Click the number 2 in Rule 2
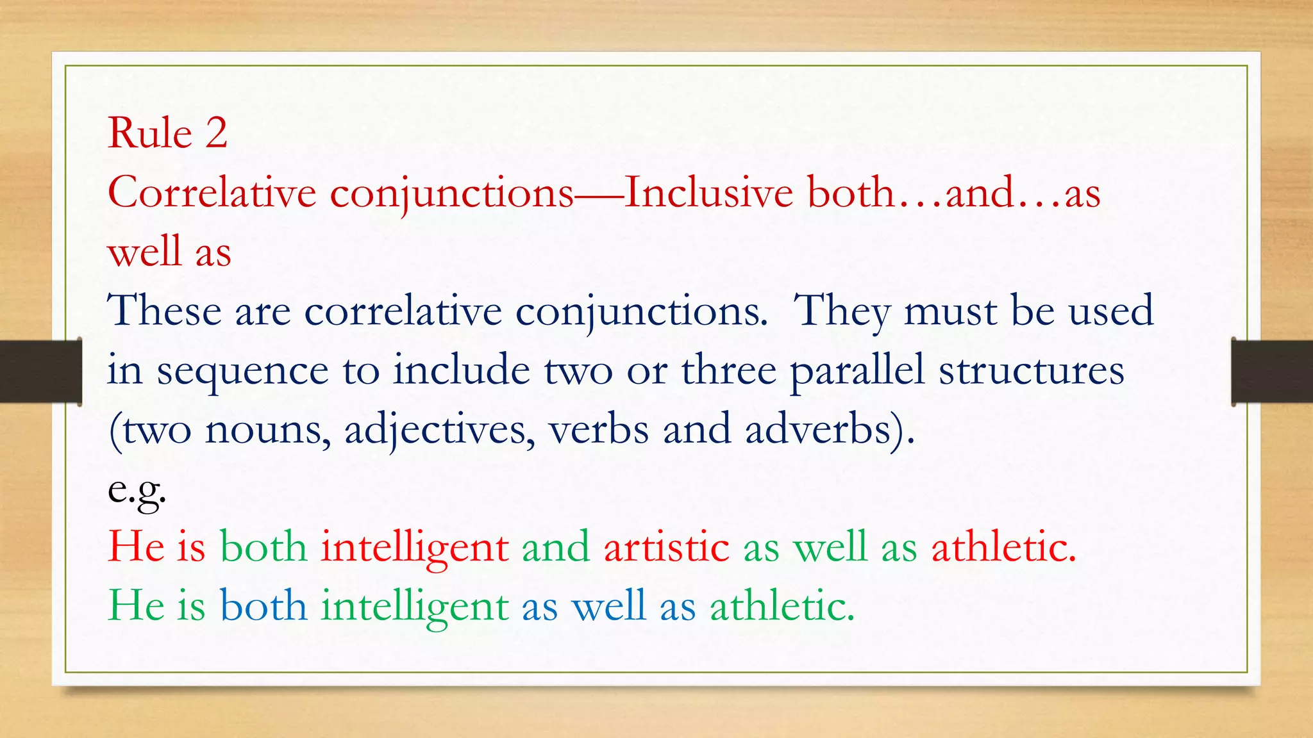(216, 133)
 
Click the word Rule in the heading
(150, 133)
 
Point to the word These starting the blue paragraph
(164, 311)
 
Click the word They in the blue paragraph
(841, 312)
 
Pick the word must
(950, 312)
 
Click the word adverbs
(818, 429)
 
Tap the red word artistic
(666, 547)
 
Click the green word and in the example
(555, 547)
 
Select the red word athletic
(1003, 547)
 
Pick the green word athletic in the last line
(782, 605)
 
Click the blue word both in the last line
(263, 605)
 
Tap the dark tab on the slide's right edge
(1272, 372)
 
